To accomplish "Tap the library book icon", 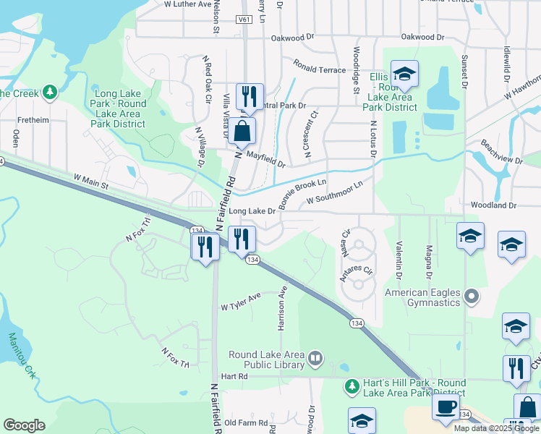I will (315, 358).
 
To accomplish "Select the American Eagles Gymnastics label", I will (423, 297).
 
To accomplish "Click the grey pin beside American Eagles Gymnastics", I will (472, 296).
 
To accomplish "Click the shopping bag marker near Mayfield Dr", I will (244, 132).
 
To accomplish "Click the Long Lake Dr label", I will (252, 211).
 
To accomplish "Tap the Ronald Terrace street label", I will (319, 69).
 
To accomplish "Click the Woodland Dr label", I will (492, 205).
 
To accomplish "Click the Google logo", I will (24, 425).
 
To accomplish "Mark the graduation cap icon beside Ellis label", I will (404, 73).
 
